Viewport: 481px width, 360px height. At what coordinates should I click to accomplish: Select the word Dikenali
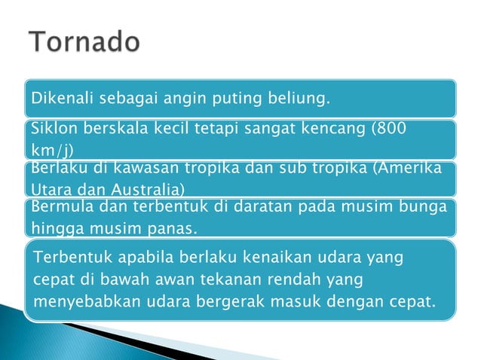[55, 99]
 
